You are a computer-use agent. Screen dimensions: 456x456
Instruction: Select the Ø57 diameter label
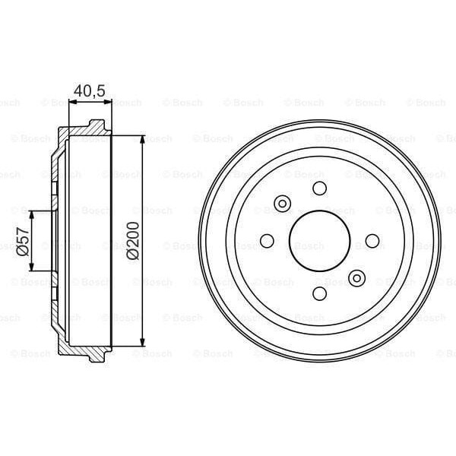coord(21,240)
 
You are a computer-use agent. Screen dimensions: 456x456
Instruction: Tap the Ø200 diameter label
coord(133,241)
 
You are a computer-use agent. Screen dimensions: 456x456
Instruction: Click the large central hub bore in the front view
coord(319,240)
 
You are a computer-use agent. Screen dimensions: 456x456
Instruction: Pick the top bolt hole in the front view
coord(319,188)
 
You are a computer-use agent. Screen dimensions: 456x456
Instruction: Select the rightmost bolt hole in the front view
coord(372,240)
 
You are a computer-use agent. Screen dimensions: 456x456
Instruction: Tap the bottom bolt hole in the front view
coord(319,293)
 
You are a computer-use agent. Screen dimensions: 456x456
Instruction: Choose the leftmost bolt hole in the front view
coord(267,240)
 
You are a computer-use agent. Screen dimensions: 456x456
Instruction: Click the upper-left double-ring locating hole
coord(282,203)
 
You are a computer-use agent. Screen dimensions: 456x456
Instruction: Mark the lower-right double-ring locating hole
coord(356,277)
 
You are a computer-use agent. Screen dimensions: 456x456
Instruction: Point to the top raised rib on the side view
coord(96,124)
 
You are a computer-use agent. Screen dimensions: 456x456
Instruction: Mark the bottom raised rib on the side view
coord(96,356)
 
